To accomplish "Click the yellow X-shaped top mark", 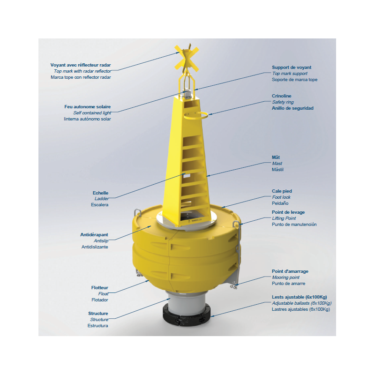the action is (x=187, y=59).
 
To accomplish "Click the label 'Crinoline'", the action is (x=282, y=96).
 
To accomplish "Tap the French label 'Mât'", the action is (x=276, y=157).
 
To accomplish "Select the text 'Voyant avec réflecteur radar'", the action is (x=81, y=65).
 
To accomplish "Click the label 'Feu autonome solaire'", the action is (x=87, y=107).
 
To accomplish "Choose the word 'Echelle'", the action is (x=100, y=193).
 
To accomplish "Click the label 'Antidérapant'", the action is (x=94, y=235).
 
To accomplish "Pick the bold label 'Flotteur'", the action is (x=99, y=288).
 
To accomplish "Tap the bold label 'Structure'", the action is (x=98, y=313).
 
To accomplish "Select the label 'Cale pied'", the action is (x=282, y=191).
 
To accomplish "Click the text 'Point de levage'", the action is (x=288, y=212).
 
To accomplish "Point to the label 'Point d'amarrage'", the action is (x=290, y=271).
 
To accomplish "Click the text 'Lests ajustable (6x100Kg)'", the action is (x=299, y=297).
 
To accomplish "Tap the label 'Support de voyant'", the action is (x=292, y=67).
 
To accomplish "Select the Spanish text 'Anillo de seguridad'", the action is (x=292, y=108).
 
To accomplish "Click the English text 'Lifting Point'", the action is (x=284, y=218).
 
